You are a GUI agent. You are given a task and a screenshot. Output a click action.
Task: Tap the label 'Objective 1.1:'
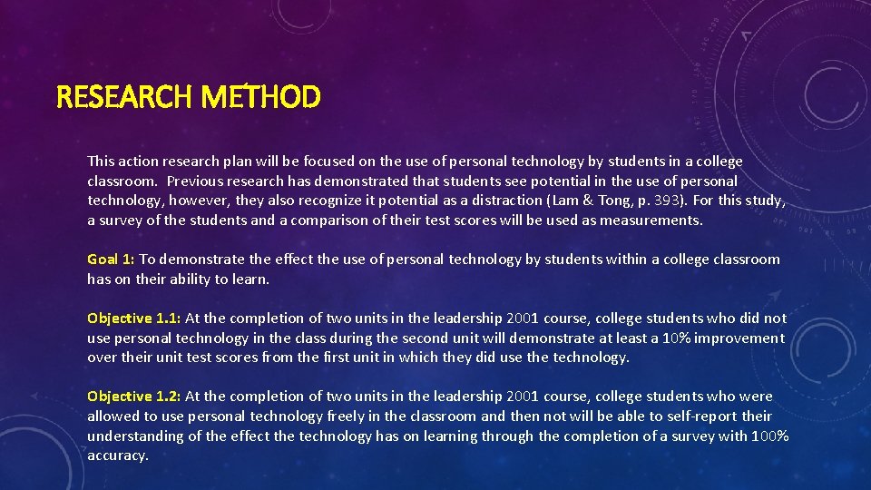click(x=134, y=318)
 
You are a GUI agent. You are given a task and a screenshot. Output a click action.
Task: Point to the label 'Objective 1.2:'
click(x=134, y=397)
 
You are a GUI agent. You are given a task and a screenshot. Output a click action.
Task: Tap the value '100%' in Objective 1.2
click(x=769, y=436)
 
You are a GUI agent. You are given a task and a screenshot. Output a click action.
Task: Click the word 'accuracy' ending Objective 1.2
click(x=116, y=456)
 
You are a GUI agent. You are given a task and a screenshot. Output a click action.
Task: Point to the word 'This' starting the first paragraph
click(x=101, y=162)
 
